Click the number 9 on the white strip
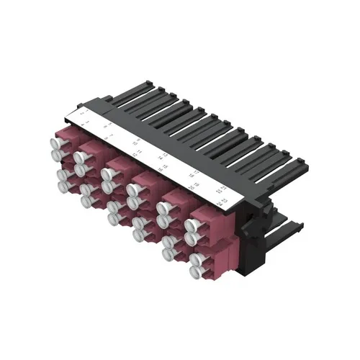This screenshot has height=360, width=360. coord(137,139)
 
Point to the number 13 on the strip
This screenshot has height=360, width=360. coord(165,155)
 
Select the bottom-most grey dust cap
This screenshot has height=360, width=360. coord(196,272)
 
